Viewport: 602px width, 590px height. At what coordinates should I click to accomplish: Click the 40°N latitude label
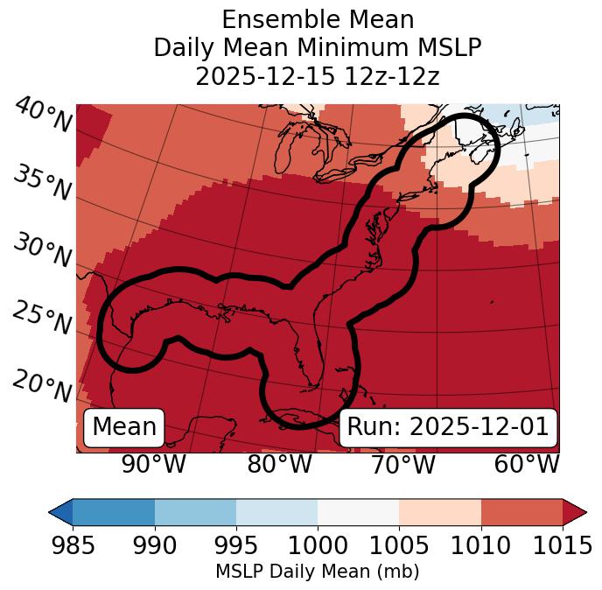pos(41,116)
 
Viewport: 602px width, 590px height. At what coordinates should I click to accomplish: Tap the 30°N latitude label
pos(41,251)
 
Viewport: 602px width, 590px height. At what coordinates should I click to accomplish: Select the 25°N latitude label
pos(41,319)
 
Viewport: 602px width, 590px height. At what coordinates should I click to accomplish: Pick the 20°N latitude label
pos(41,385)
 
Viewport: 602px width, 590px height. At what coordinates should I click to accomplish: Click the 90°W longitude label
pos(153,464)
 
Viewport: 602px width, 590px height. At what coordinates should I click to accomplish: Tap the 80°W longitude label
pos(278,464)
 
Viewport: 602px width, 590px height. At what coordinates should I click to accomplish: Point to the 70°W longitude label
pos(402,464)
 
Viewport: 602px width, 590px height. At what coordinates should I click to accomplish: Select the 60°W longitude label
pos(527,464)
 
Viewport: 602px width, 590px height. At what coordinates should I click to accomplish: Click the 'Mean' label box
pos(124,427)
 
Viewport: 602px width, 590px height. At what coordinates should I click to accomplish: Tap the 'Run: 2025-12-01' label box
pos(448,427)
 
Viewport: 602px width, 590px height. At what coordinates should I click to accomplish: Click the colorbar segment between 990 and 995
pos(195,511)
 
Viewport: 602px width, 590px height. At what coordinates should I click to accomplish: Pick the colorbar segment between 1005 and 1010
pos(440,511)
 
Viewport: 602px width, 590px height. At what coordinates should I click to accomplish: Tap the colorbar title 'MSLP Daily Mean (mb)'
pos(317,572)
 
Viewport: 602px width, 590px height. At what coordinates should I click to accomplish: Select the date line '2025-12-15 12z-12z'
pos(318,76)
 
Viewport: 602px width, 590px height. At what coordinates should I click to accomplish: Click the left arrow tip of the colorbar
pos(52,511)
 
